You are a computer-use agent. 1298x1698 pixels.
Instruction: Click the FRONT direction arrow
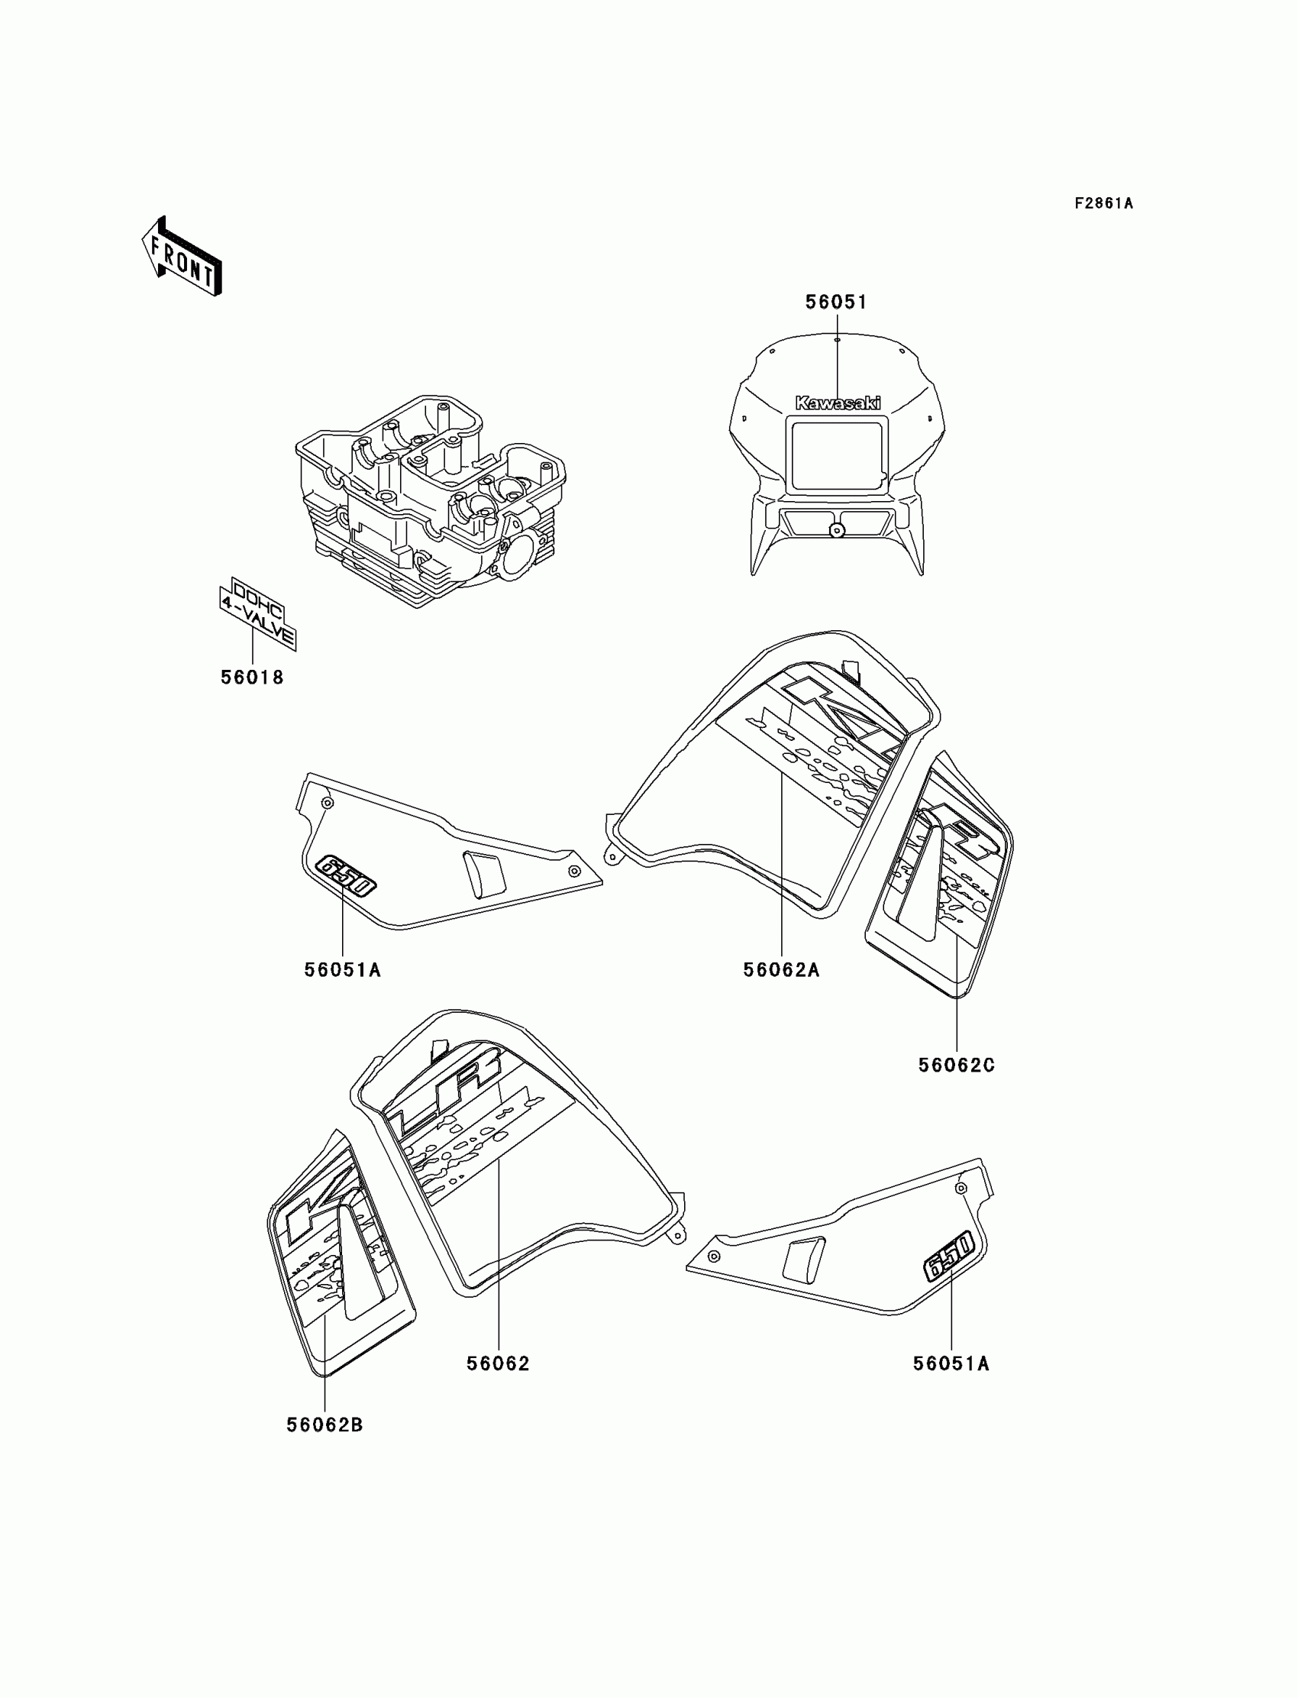(182, 257)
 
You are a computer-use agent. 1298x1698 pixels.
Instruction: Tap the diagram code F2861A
(1103, 203)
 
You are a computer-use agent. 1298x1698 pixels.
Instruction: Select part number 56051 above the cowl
(836, 302)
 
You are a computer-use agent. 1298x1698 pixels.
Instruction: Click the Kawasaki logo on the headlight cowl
(838, 403)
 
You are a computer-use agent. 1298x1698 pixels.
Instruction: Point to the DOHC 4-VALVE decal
(257, 613)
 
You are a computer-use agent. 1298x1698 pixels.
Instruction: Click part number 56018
(253, 677)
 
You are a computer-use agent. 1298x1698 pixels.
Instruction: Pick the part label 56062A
(781, 969)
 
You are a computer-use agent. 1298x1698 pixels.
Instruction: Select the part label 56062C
(957, 1065)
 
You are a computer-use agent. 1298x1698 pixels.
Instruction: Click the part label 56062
(499, 1364)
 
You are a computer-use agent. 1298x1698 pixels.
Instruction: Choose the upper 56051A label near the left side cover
(342, 969)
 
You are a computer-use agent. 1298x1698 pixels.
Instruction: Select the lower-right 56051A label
(951, 1364)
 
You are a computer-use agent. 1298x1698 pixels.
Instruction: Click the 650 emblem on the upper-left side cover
(346, 875)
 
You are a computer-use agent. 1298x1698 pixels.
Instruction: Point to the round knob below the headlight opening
(836, 530)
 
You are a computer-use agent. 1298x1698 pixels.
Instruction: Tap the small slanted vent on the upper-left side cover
(484, 873)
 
